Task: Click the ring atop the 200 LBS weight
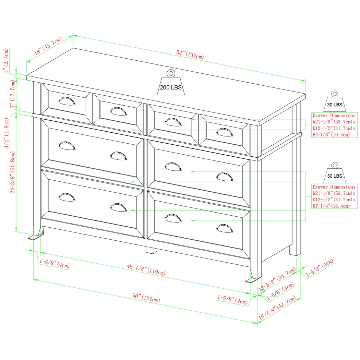pyautogui.click(x=170, y=73)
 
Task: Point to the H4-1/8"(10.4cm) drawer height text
pyautogui.click(x=331, y=135)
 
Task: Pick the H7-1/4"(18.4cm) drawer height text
pyautogui.click(x=331, y=206)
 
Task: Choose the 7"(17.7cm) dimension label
pyautogui.click(x=13, y=94)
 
